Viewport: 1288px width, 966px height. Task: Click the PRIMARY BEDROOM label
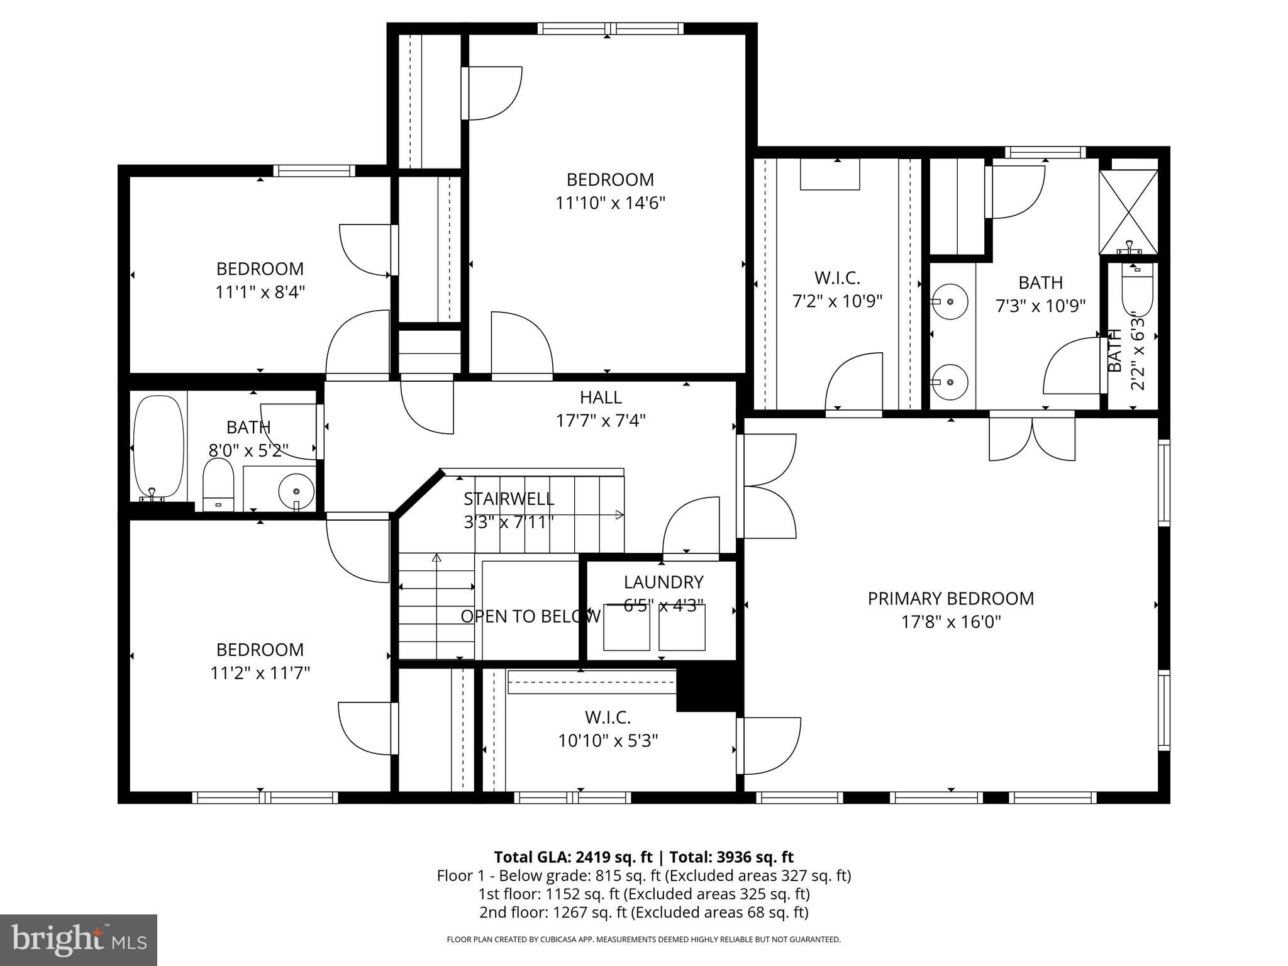click(x=950, y=598)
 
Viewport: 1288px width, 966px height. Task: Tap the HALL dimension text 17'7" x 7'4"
click(x=601, y=420)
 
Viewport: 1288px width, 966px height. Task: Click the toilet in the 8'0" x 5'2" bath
click(x=218, y=484)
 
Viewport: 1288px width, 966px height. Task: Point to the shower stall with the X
click(x=1128, y=212)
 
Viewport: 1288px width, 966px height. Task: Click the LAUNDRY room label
click(x=663, y=582)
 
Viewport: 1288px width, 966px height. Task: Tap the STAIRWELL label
click(x=509, y=499)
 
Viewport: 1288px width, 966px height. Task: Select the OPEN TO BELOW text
click(x=530, y=616)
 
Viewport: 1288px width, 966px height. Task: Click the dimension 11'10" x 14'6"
click(x=609, y=203)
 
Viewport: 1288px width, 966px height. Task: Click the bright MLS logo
click(x=79, y=940)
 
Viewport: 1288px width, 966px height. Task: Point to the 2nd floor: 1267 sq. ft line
click(x=643, y=912)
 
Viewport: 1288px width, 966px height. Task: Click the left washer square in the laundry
click(x=626, y=628)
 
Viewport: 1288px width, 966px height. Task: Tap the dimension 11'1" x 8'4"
click(x=260, y=292)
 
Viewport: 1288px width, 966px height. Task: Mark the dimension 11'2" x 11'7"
click(x=260, y=673)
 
